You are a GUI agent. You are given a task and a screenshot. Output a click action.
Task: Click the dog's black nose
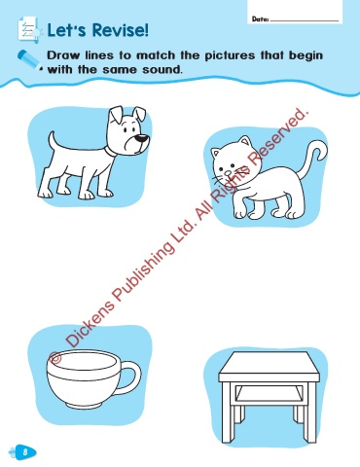click(x=142, y=138)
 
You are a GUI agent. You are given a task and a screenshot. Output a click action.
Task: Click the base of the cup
click(x=83, y=406)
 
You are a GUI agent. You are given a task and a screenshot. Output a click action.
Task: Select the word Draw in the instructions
click(x=63, y=55)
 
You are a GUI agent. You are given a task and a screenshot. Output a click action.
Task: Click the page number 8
click(x=25, y=451)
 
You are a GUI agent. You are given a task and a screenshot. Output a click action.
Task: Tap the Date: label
click(x=261, y=19)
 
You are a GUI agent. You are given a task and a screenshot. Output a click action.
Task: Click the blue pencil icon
click(x=30, y=60)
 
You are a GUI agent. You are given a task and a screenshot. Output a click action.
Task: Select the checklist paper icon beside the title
click(x=29, y=30)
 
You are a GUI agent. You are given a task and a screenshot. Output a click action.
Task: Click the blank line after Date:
click(x=305, y=21)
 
